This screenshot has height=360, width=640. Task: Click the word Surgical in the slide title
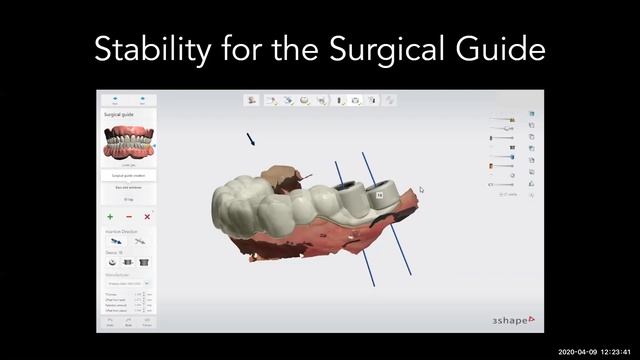(388, 48)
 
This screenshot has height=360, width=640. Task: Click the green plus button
(110, 217)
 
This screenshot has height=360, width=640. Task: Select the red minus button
(128, 217)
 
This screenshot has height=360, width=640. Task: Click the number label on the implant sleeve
(378, 194)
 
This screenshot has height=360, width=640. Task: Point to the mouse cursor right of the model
(422, 189)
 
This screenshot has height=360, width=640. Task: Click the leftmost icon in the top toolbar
(251, 101)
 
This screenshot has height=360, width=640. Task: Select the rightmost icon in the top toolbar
(389, 101)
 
